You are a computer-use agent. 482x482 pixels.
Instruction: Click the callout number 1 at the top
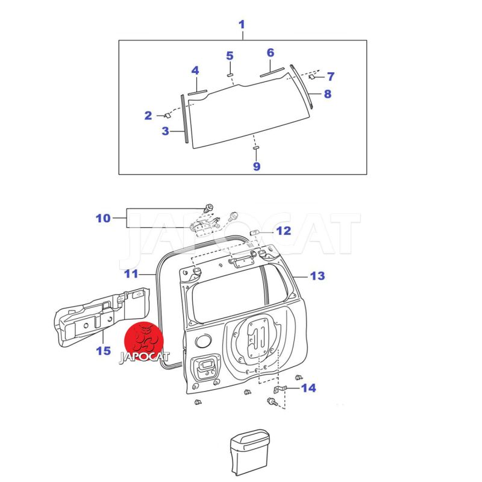click(x=242, y=25)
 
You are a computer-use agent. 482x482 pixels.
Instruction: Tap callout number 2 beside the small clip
click(x=148, y=116)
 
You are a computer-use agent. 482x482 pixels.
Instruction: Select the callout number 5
click(x=230, y=56)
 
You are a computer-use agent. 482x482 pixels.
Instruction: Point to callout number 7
click(x=330, y=77)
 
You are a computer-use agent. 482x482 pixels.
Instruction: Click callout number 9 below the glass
click(x=257, y=166)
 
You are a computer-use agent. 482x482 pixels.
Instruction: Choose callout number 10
click(x=103, y=218)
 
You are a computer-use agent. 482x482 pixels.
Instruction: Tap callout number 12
click(x=283, y=231)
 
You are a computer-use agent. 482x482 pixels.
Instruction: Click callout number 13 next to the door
click(x=318, y=276)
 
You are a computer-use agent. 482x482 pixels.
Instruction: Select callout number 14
click(x=308, y=388)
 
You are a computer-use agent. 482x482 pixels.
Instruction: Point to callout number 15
click(x=103, y=350)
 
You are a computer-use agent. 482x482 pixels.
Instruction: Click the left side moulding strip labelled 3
click(x=185, y=118)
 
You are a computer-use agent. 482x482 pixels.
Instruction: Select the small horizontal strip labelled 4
click(x=197, y=93)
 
